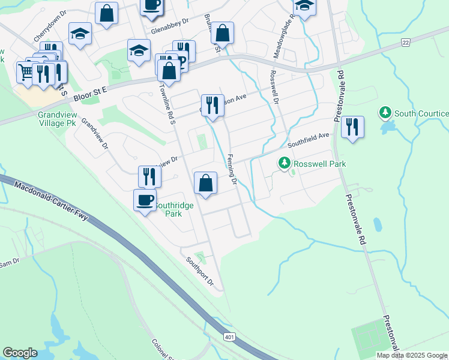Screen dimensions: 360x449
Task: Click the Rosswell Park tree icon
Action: point(284,163)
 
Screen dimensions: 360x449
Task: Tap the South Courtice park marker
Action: point(385,113)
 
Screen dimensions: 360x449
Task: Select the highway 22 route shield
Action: point(406,41)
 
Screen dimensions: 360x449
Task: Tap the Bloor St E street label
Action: point(89,93)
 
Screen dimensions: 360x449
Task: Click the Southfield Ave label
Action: point(308,140)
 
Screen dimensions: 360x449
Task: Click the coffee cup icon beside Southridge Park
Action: point(144,200)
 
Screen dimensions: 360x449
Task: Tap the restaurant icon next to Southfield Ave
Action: point(352,127)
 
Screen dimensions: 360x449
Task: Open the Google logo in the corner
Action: point(20,353)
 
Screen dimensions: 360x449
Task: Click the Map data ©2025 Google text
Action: point(412,355)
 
